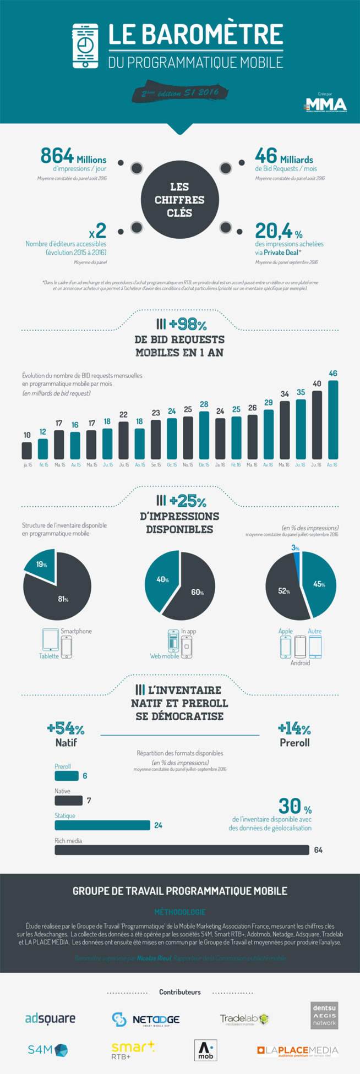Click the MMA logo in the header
(x=326, y=105)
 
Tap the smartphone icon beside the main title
(x=85, y=46)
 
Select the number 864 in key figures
(x=57, y=156)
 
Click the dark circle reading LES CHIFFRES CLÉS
(x=179, y=200)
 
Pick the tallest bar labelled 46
(x=333, y=419)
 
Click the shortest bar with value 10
(x=27, y=450)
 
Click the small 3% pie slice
(x=297, y=556)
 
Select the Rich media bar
(x=182, y=850)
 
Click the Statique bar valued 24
(x=102, y=825)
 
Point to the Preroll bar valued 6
(x=66, y=776)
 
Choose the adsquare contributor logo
(x=50, y=1019)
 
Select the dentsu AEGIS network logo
(x=324, y=1015)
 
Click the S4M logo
(x=48, y=1050)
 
